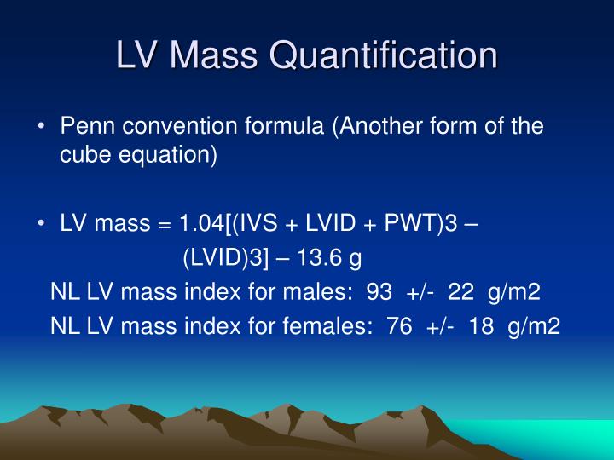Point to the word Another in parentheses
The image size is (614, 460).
(x=375, y=127)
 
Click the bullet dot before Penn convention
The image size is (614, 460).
(x=42, y=128)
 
